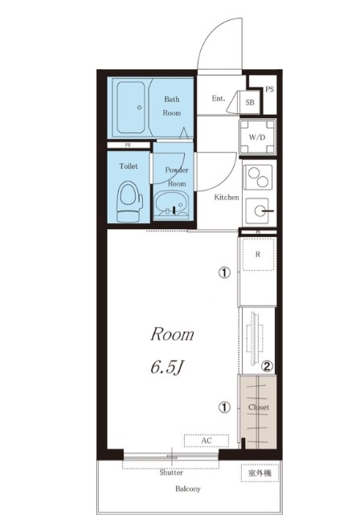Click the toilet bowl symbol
(x=129, y=202)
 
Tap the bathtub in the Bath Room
(x=131, y=107)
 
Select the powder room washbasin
(x=172, y=203)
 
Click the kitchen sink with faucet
(x=259, y=210)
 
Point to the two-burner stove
(x=258, y=177)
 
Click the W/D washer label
(x=257, y=137)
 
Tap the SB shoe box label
(x=250, y=102)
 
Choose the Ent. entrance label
(x=219, y=98)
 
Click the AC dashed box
(x=207, y=440)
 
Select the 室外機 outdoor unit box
(x=260, y=473)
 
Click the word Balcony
(x=188, y=489)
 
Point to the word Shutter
(x=171, y=472)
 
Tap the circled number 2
(x=267, y=366)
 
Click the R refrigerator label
(x=258, y=254)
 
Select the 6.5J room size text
(x=167, y=368)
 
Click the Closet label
(x=259, y=407)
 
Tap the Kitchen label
(x=227, y=197)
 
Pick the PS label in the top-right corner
(x=269, y=89)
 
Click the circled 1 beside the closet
(x=224, y=407)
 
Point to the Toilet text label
(x=129, y=165)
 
